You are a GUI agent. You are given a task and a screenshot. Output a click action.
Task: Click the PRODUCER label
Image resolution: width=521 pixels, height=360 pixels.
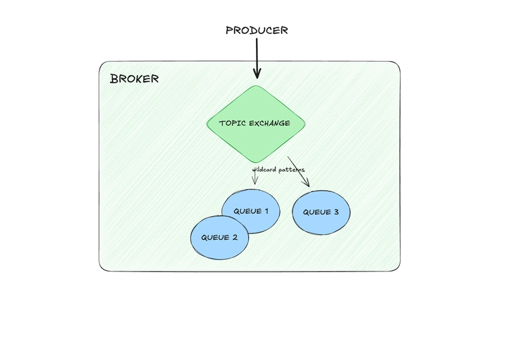[x=256, y=31]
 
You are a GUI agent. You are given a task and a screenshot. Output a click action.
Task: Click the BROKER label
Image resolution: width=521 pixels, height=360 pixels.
[x=134, y=79]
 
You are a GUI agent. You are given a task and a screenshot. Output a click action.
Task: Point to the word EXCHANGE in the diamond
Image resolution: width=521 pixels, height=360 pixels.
[x=269, y=123]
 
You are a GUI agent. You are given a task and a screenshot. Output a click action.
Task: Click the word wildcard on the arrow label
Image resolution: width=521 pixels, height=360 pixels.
[x=264, y=170]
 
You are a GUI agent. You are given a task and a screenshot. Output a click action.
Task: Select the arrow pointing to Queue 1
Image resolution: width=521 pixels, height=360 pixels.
[x=254, y=179]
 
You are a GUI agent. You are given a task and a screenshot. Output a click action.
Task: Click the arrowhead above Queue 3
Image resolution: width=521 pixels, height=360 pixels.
[x=307, y=185]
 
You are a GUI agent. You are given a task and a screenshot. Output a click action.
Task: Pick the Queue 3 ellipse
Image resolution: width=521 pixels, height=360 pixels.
[x=321, y=212]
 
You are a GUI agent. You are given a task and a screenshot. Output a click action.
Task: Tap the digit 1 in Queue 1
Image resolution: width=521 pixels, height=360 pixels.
[x=267, y=211]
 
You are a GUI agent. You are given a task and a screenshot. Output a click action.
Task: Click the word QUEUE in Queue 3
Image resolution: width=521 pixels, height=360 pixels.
[x=316, y=212]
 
